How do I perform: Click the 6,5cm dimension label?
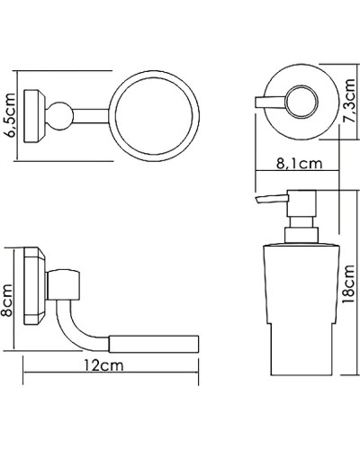[x=10, y=115]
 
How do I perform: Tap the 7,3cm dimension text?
[x=349, y=100]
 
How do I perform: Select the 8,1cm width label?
[x=299, y=164]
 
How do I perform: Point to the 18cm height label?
[x=349, y=284]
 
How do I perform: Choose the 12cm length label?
[x=103, y=365]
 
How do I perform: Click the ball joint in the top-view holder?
[x=60, y=116]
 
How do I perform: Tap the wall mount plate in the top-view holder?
[x=34, y=116]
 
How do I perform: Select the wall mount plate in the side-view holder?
[x=34, y=286]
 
